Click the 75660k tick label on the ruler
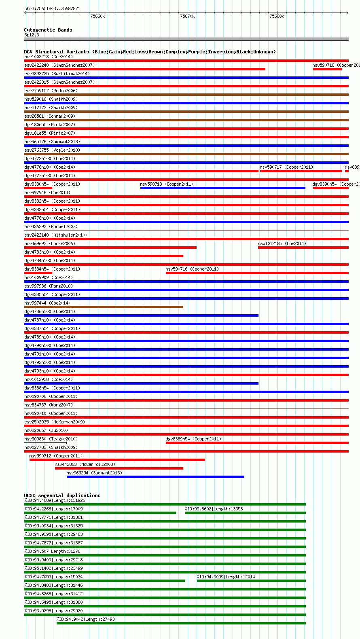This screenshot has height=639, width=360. click(x=97, y=17)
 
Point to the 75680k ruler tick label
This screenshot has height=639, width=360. click(x=277, y=17)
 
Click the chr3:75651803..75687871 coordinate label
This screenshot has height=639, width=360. click(x=52, y=8)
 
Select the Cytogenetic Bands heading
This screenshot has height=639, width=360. click(x=48, y=30)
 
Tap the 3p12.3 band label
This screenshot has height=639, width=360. click(x=32, y=35)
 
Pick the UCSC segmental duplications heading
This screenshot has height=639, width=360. click(x=62, y=495)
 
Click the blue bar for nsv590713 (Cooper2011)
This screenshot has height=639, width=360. click(x=222, y=188)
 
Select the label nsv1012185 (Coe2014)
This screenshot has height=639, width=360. click(x=282, y=243)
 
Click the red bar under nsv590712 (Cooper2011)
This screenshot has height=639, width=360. click(x=117, y=460)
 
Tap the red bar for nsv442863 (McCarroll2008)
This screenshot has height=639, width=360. click(x=119, y=468)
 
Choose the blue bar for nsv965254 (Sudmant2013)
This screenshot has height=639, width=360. click(x=155, y=477)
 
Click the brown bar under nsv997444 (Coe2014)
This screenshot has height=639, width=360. click(x=104, y=307)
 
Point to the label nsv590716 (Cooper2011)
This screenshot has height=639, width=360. click(x=192, y=269)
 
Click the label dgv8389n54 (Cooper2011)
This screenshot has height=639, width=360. click(x=193, y=439)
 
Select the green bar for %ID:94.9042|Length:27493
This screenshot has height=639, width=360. click(x=181, y=623)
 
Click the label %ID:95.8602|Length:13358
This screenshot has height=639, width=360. click(x=214, y=509)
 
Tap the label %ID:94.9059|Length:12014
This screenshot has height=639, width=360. click(x=226, y=577)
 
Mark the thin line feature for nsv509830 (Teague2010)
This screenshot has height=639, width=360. click(x=45, y=443)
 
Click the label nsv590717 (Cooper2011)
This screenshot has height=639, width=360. click(x=286, y=167)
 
